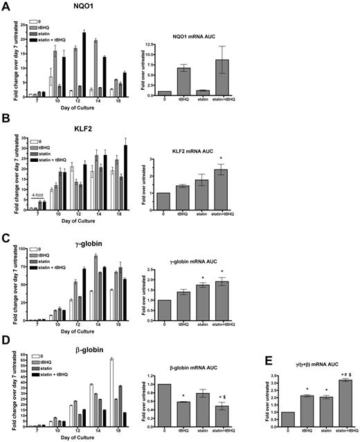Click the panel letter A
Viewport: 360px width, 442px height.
click(x=6, y=7)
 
